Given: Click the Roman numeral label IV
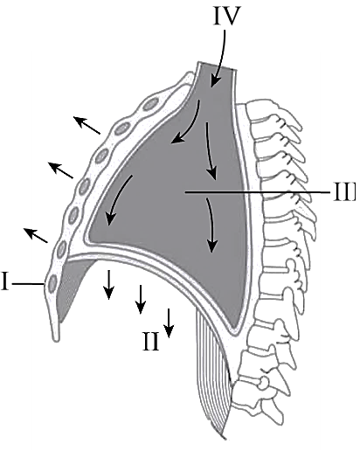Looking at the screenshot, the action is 227,16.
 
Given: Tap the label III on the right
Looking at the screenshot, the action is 344,192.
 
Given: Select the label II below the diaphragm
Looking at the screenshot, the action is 151,341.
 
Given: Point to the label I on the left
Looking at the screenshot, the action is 4,281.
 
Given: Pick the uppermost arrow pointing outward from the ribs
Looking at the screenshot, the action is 87,125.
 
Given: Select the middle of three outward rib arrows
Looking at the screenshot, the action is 60,170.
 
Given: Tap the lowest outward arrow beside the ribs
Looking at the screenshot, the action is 36,235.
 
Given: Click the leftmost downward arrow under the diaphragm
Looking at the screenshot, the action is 109,285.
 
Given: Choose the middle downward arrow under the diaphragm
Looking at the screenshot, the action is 141,299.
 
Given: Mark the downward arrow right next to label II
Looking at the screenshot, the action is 169,323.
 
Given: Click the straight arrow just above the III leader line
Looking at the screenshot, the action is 211,151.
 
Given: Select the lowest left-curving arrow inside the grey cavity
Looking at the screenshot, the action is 116,198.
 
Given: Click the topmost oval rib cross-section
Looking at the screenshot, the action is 151,104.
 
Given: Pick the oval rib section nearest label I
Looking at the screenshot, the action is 52,282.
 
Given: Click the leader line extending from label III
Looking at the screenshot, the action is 258,192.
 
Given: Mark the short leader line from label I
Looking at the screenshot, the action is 28,284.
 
